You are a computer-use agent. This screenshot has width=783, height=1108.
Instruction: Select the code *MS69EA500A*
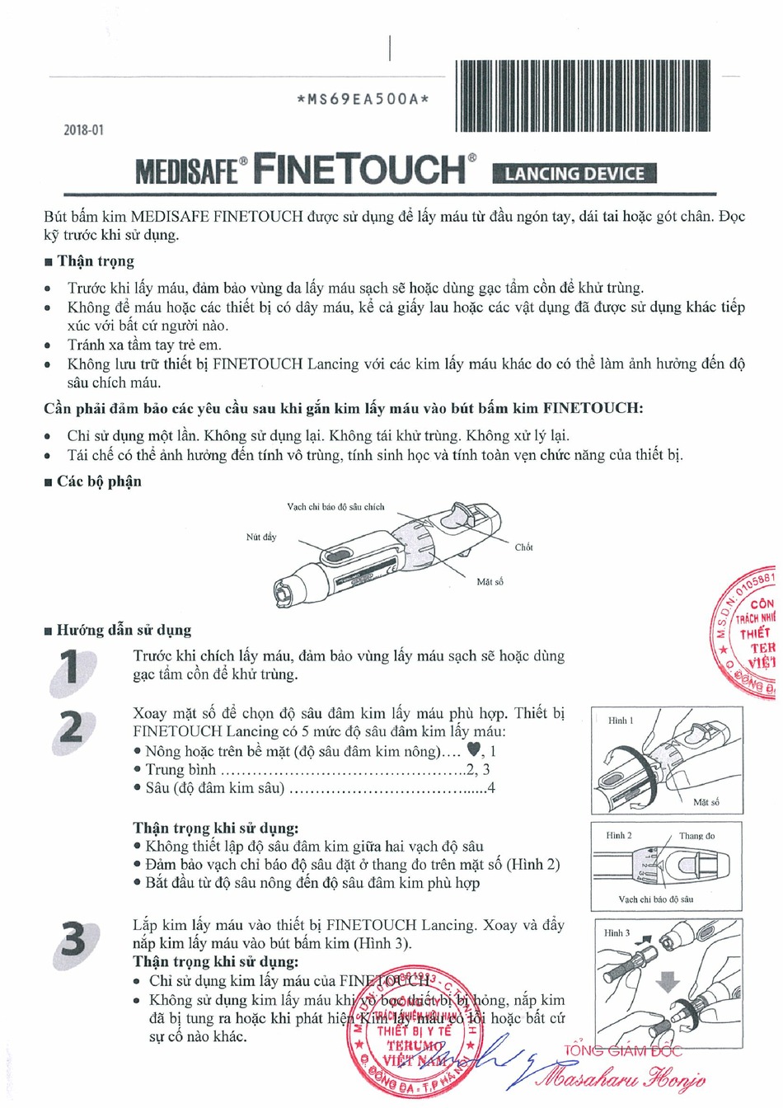coord(363,100)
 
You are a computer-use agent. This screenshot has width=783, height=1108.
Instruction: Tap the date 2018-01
coord(84,130)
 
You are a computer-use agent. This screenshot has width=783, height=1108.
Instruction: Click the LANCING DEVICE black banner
coord(574,174)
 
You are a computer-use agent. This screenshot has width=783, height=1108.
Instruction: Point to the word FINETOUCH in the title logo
coord(359,169)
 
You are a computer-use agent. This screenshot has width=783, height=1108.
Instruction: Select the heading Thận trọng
coord(95,261)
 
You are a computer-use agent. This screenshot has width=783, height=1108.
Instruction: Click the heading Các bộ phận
coord(98,481)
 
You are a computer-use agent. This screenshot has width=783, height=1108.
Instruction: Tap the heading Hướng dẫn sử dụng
coord(123,631)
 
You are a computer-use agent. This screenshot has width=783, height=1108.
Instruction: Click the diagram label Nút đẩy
coord(261,538)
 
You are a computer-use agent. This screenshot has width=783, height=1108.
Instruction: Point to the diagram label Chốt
coord(523,547)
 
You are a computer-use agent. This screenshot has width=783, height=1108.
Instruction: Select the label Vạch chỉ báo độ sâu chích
coord(335,507)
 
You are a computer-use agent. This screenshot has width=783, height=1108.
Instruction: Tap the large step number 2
coord(72,727)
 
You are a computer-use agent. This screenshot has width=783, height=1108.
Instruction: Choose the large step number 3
coord(73,939)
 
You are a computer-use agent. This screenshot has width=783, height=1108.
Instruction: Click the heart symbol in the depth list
coord(473,750)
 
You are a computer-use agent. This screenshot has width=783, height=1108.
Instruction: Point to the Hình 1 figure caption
coord(621,721)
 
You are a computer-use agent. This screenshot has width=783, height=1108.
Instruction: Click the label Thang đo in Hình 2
coord(696,836)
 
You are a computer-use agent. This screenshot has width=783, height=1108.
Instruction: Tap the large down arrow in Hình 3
coord(668,981)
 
